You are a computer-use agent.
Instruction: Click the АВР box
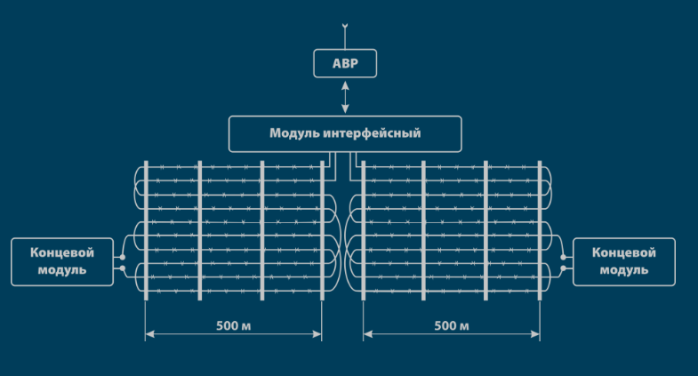point(345,64)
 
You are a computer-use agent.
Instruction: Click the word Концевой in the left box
point(62,252)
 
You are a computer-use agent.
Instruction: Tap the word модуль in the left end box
point(62,269)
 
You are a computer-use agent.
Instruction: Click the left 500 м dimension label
point(233,325)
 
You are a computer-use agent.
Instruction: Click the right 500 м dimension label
point(452,325)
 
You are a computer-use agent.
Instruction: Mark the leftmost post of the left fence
point(146,231)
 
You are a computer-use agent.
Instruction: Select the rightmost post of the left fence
point(322,231)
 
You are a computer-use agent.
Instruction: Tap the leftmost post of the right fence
point(364,231)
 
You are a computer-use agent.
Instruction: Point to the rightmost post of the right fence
point(539,231)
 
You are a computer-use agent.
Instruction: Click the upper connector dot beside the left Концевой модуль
point(123,259)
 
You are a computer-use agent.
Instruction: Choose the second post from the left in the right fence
point(423,231)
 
